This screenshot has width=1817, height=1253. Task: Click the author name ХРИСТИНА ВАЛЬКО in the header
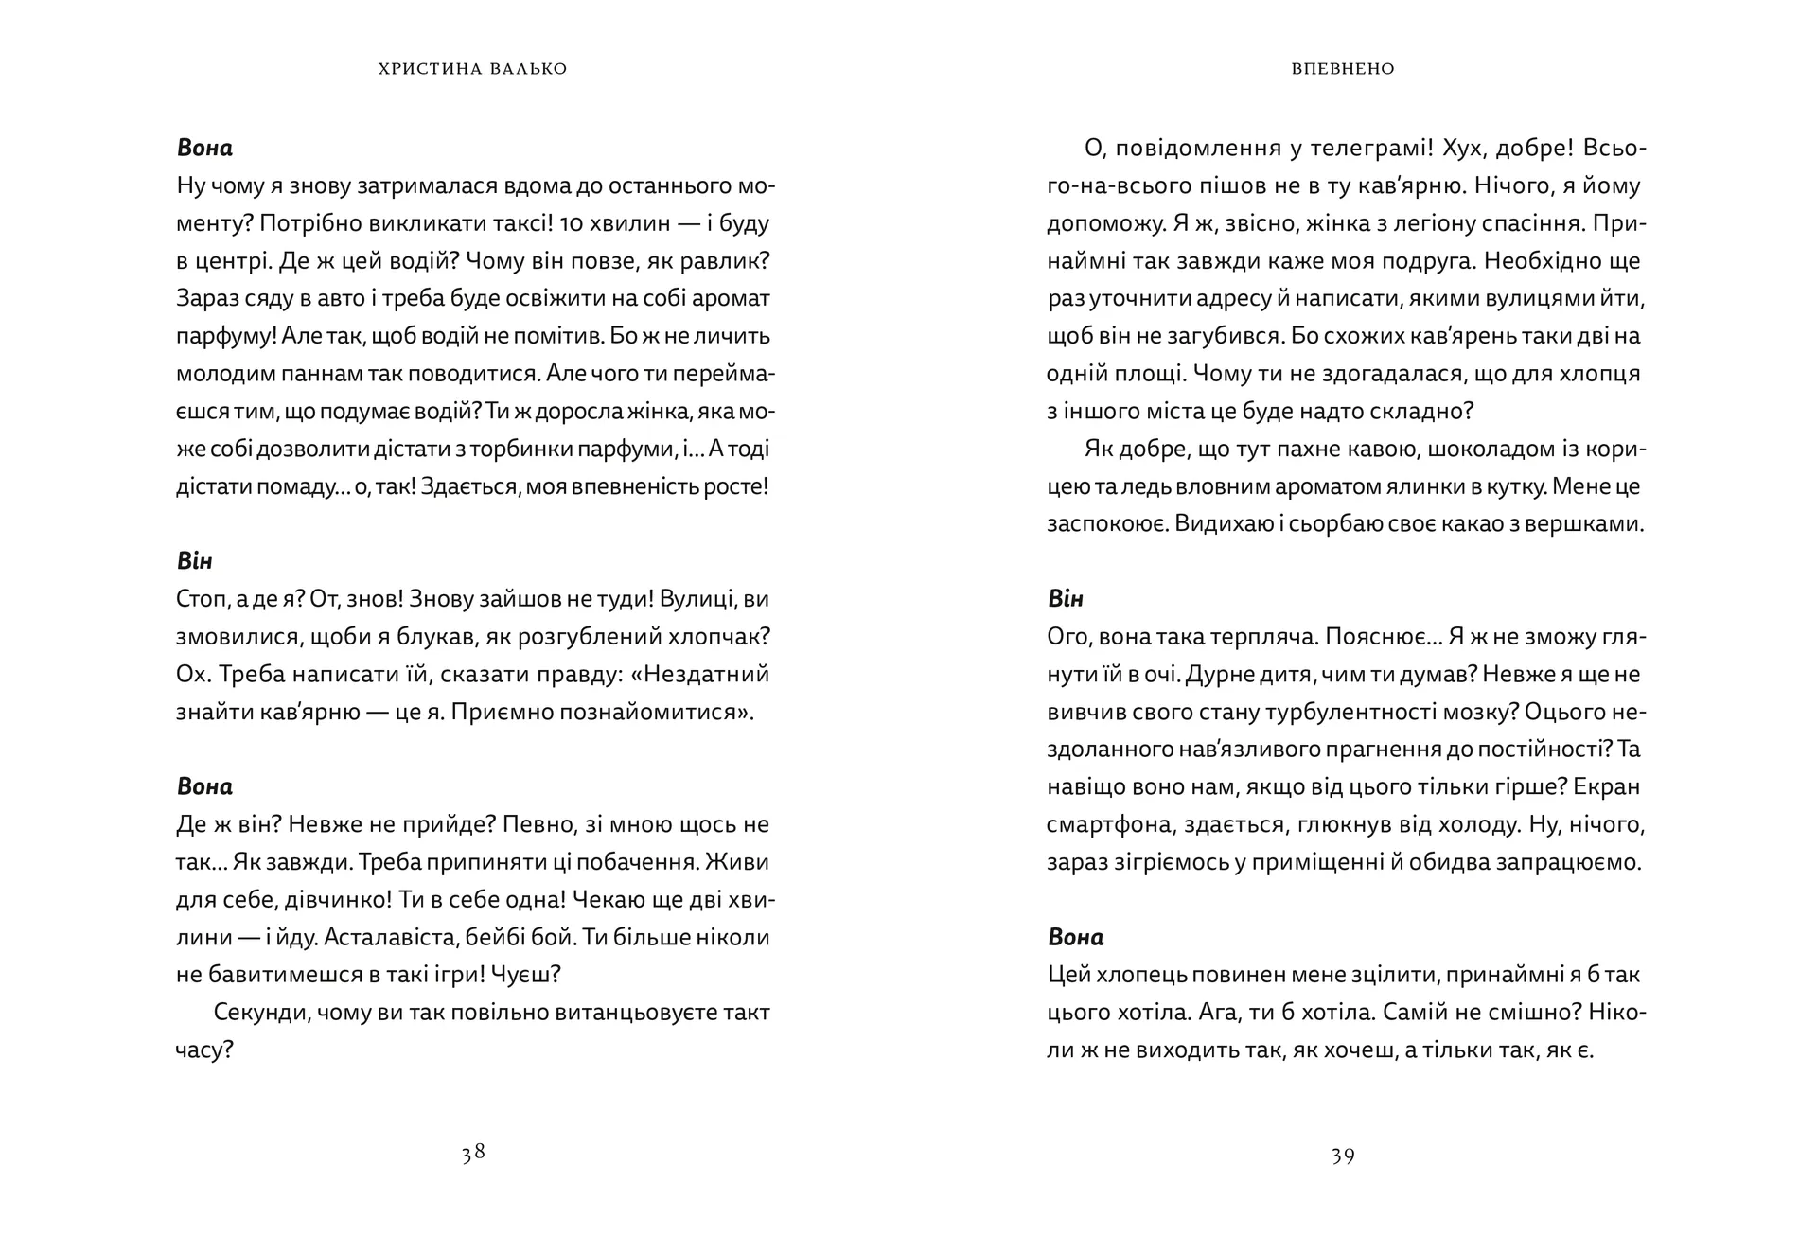(472, 69)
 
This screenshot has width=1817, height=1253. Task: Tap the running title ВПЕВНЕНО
(1343, 69)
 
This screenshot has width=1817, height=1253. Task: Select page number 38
(473, 1153)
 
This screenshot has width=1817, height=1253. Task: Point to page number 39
(1343, 1155)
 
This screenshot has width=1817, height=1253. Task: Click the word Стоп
(198, 600)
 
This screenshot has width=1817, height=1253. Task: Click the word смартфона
(1109, 824)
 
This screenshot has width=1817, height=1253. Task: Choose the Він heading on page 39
(1066, 599)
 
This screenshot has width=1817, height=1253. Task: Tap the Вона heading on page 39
(1075, 937)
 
